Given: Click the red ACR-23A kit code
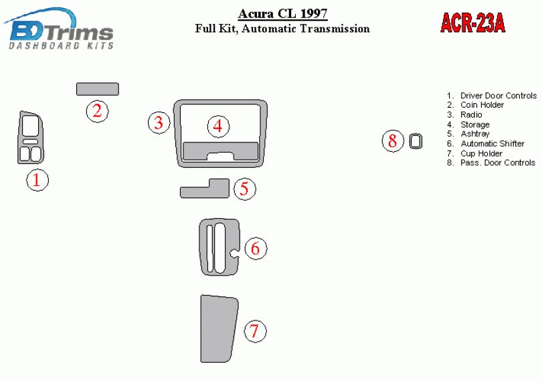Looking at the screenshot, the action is [473, 23].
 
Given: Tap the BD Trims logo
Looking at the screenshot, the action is [59, 29].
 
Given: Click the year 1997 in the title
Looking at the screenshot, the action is [314, 13].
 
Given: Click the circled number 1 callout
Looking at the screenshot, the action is [37, 180].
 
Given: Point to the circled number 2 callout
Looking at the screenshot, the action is [98, 111].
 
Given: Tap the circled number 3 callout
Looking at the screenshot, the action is [159, 122].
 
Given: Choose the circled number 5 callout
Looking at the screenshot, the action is [245, 189].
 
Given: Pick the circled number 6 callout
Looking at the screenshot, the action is [256, 248].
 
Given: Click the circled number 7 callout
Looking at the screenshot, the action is [255, 331].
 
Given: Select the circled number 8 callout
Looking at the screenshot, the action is [393, 141].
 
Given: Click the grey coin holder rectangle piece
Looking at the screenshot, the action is [98, 89].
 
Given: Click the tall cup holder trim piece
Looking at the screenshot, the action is [219, 328].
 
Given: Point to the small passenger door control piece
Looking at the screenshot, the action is [416, 141].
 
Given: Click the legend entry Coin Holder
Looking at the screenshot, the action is [482, 105].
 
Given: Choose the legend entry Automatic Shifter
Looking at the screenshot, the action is [492, 143].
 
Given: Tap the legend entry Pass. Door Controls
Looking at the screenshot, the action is [498, 163].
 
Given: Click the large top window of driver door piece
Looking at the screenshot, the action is [30, 126].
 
